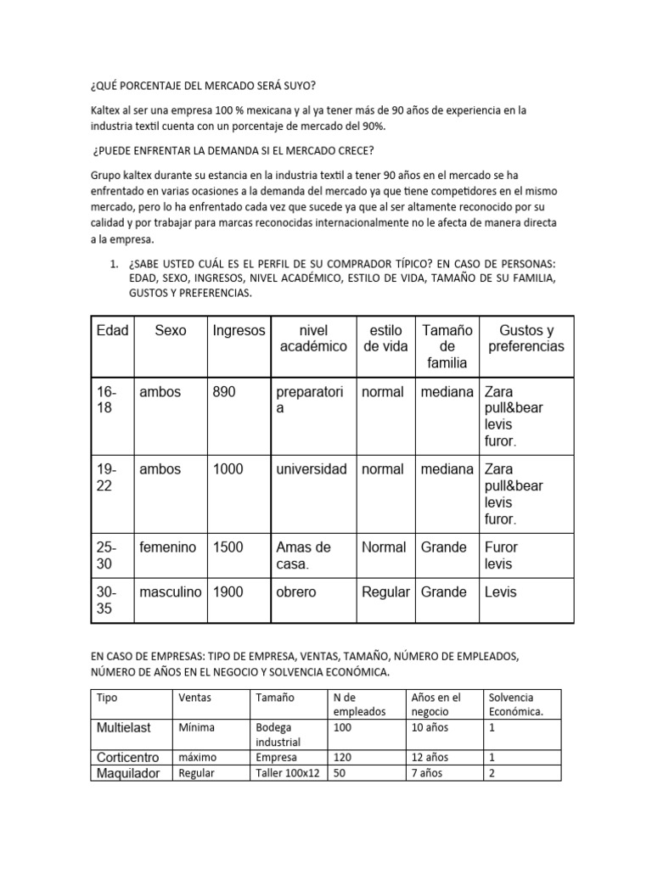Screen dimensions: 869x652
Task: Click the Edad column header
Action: tap(112, 330)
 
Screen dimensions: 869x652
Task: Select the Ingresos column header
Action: tap(239, 330)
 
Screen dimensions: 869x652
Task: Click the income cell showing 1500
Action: tap(228, 547)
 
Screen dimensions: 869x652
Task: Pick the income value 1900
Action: tap(228, 591)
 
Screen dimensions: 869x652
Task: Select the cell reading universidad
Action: tap(312, 469)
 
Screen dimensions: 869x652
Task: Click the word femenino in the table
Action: tap(168, 547)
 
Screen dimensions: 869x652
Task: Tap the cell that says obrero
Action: tap(295, 591)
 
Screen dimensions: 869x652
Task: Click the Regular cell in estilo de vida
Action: tap(385, 591)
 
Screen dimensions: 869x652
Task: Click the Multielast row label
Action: tap(128, 727)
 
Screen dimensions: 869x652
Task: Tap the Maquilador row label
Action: tap(128, 773)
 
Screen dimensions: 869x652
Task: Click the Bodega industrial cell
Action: tap(278, 735)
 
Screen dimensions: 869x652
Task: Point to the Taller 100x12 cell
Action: tap(287, 773)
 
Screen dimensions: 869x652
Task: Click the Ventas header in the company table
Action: tap(195, 697)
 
